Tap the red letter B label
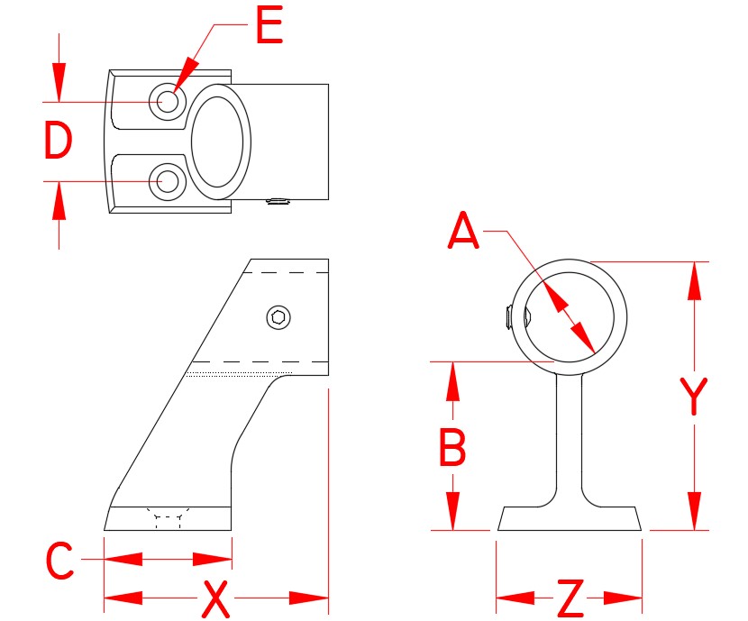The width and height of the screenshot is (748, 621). (452, 447)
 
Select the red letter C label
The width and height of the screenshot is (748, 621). (59, 562)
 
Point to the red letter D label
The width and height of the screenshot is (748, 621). (58, 142)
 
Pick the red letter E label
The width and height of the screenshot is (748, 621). (269, 26)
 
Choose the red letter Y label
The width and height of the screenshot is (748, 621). (693, 397)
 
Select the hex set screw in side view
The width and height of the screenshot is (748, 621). (280, 316)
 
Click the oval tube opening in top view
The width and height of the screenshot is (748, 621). (221, 142)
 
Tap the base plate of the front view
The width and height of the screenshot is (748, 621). (570, 518)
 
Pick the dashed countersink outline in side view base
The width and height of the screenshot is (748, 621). (169, 518)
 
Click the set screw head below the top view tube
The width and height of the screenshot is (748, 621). (279, 202)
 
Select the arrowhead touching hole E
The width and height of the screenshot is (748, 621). (183, 79)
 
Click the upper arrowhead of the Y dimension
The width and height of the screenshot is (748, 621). (693, 280)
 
